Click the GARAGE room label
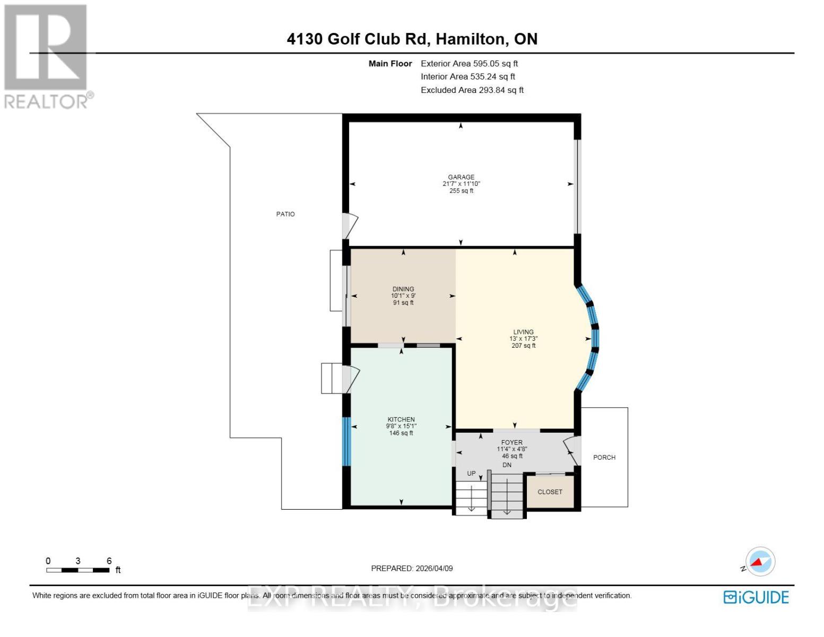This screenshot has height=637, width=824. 461,177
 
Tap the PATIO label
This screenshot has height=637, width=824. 285,214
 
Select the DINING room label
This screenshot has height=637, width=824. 403,289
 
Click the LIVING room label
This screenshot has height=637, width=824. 523,332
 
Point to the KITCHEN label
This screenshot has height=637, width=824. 401,419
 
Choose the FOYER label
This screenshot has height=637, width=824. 511,442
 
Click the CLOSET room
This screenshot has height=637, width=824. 550,492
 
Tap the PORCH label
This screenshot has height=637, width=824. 604,457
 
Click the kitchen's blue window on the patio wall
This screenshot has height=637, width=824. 346,441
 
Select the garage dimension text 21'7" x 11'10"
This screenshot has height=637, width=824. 461,184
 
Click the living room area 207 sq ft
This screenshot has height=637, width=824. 523,346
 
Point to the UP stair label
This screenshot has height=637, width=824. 471,474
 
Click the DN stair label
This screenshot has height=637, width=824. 507,465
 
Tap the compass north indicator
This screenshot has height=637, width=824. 760,562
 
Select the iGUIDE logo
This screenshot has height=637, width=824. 756,597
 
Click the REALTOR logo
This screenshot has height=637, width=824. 47,56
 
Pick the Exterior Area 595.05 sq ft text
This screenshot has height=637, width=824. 469,63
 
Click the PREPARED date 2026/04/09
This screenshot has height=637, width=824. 412,568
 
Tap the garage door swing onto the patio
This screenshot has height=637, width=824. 350,226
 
